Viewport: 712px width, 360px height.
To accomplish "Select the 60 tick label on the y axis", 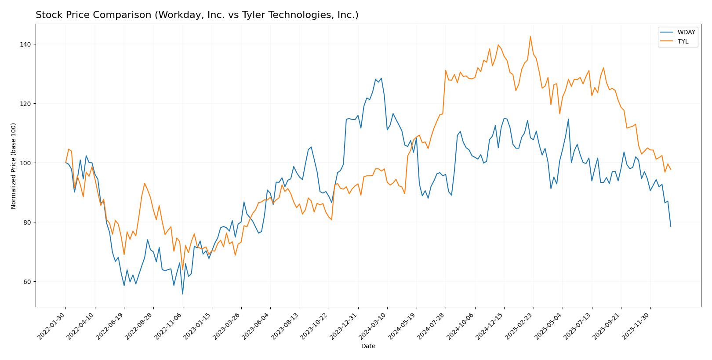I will pos(26,282).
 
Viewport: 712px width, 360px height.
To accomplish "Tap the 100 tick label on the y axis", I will pos(24,163).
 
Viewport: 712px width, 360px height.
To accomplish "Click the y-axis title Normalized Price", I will pos(14,166).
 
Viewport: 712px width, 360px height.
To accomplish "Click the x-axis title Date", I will pos(368,346).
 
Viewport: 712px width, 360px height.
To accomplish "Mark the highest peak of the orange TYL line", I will pos(530,36).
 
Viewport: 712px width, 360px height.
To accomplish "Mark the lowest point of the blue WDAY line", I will pos(182,294).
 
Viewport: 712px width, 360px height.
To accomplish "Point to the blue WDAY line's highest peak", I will pos(381,78).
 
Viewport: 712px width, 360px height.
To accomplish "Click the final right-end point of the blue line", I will pos(671,226).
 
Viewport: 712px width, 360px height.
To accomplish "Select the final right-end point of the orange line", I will pos(671,169).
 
